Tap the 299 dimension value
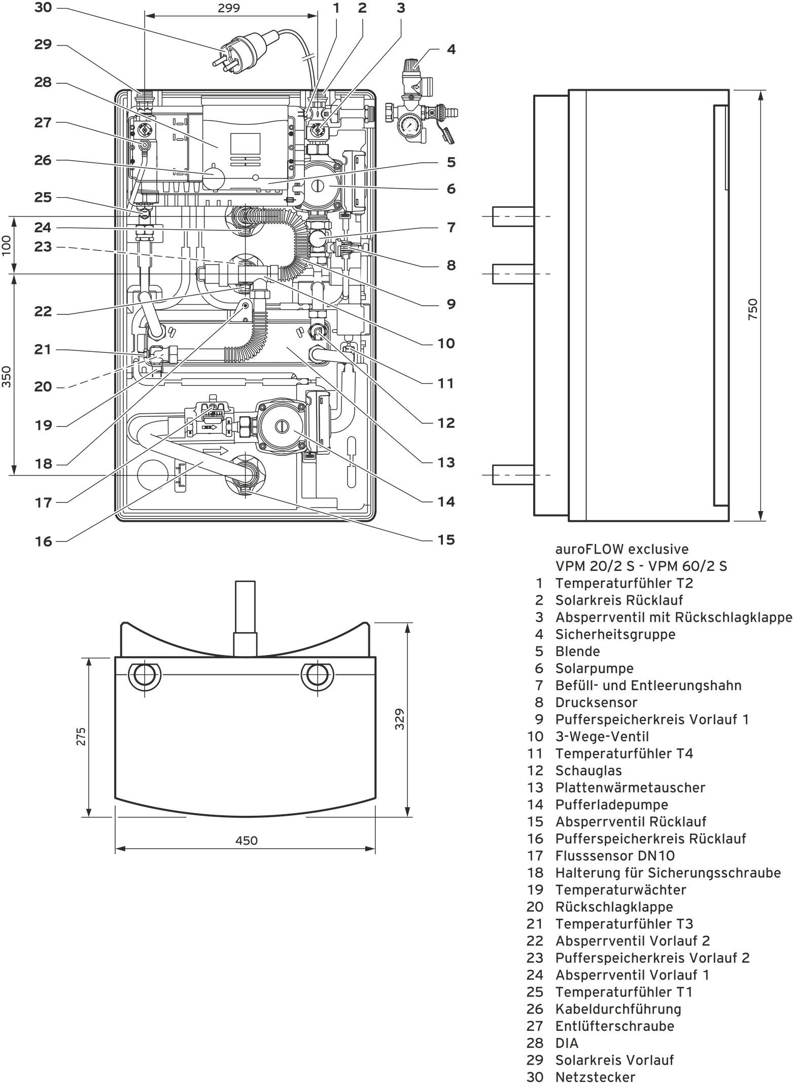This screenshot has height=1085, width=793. click(x=229, y=8)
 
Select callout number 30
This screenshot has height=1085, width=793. click(x=43, y=8)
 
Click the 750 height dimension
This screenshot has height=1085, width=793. click(x=753, y=308)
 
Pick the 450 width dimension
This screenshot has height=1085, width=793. click(x=246, y=841)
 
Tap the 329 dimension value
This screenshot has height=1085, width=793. click(x=400, y=718)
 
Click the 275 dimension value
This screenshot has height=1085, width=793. click(x=81, y=736)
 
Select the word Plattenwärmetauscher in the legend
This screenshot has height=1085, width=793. click(x=630, y=787)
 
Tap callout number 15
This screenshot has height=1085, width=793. click(x=446, y=539)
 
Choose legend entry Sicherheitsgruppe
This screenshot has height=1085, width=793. click(x=615, y=634)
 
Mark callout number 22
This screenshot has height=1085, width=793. click(x=43, y=311)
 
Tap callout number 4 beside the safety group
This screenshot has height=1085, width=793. click(x=451, y=49)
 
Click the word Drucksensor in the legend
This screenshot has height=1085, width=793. click(x=596, y=702)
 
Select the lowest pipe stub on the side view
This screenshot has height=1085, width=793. click(x=513, y=475)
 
